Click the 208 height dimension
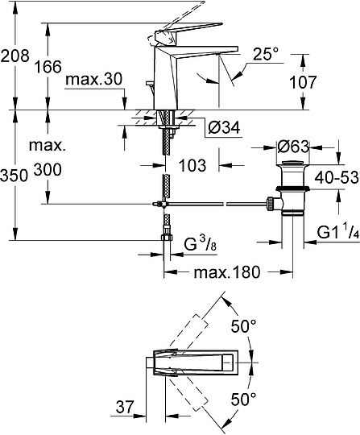[x=14, y=56]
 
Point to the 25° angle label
[x=265, y=55]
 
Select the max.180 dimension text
[x=226, y=272]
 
